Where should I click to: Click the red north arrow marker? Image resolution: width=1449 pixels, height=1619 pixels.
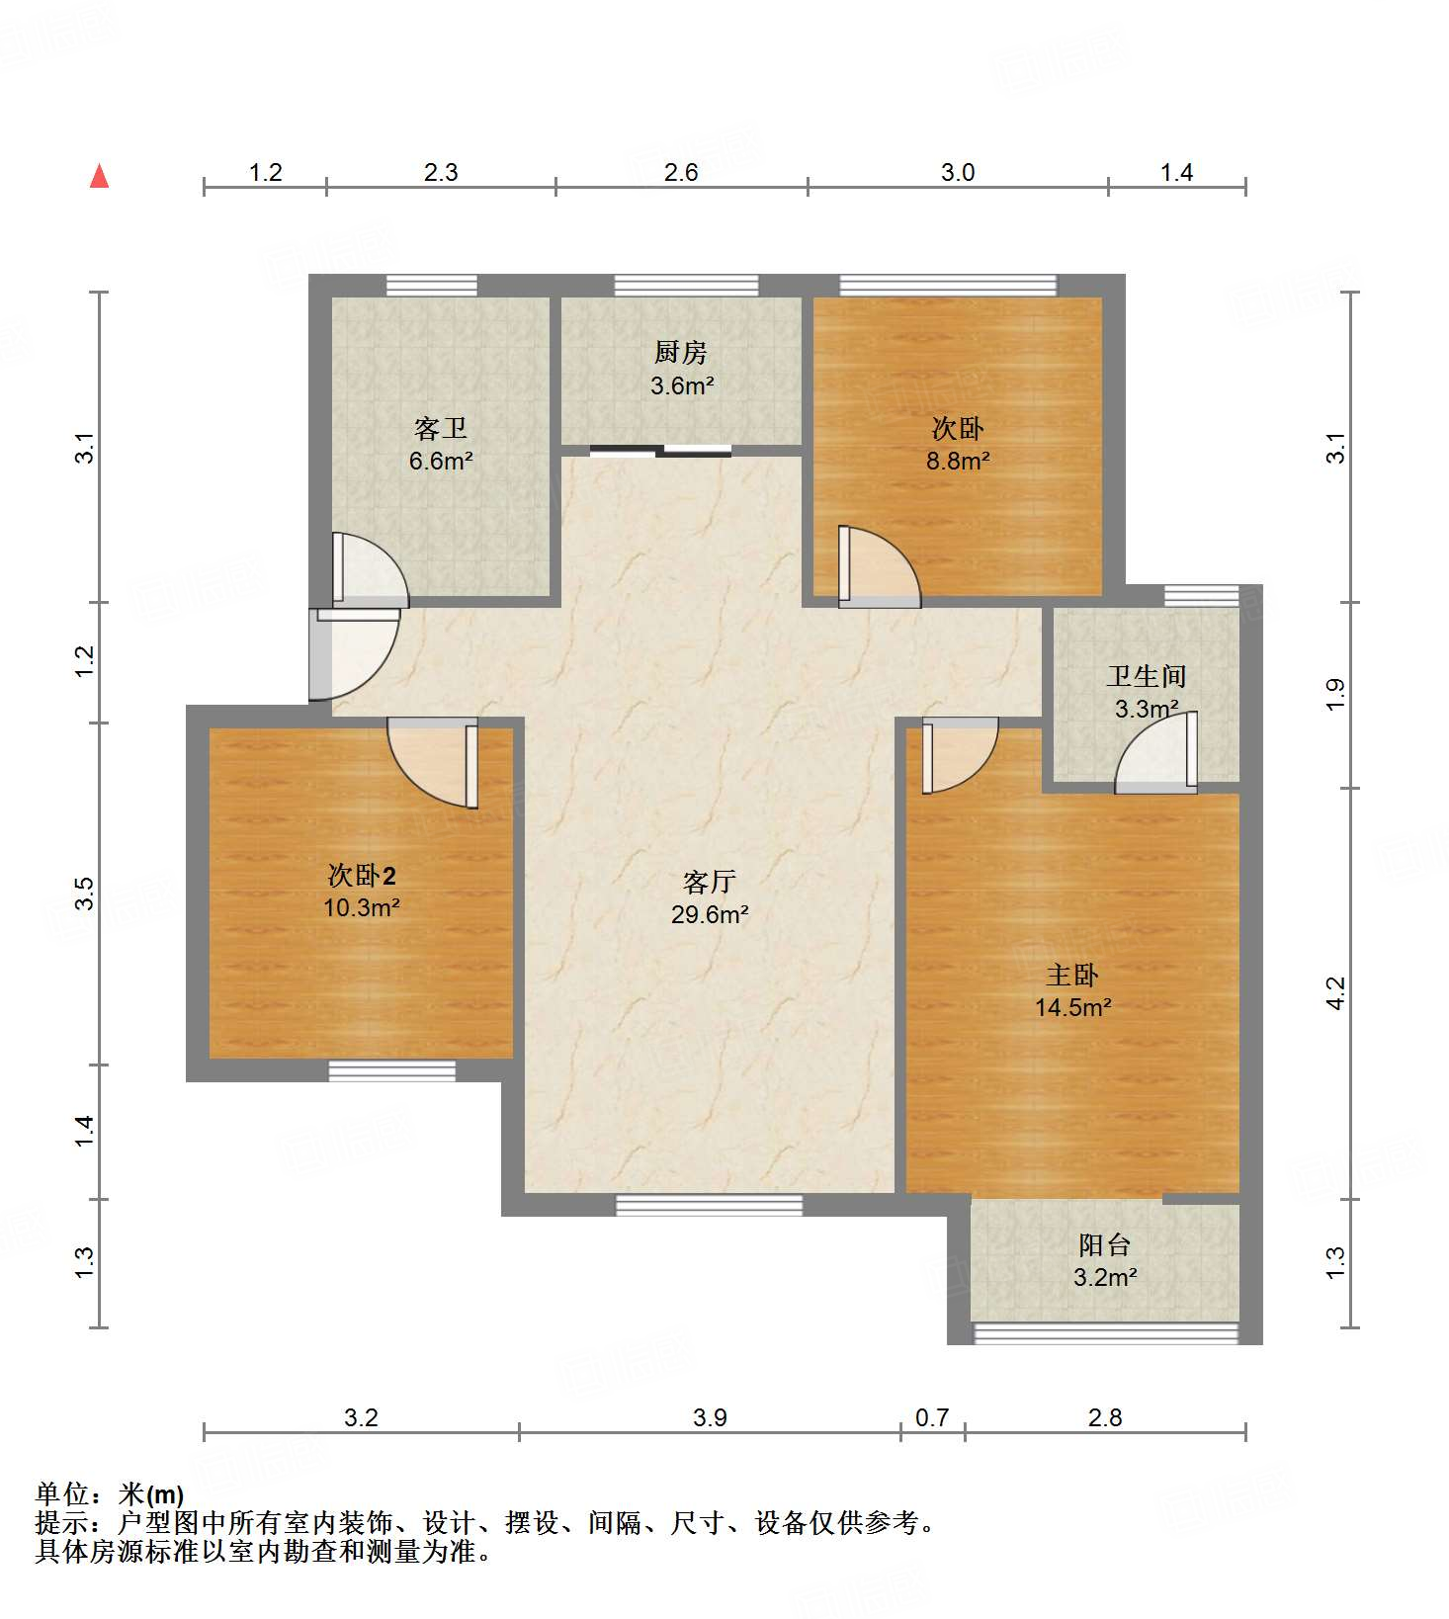point(99,176)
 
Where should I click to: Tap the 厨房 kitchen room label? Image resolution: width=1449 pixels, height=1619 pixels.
point(681,352)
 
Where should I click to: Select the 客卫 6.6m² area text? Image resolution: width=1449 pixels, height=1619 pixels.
point(441,461)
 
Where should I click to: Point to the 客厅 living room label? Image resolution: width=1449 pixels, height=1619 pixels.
point(709,882)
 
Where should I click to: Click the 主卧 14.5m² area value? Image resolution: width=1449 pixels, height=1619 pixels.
point(1073,1007)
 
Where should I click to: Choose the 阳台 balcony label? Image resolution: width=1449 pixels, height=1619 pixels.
point(1104,1244)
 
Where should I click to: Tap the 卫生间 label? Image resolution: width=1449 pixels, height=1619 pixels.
point(1146,676)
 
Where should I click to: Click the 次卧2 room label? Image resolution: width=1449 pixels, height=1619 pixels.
point(362,875)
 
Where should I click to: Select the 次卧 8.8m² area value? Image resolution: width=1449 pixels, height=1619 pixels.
point(958,461)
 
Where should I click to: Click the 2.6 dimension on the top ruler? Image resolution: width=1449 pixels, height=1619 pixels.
point(681,173)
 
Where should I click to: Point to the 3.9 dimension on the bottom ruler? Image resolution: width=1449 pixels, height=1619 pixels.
point(710,1418)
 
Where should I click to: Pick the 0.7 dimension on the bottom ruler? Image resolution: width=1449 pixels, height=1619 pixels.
point(932,1418)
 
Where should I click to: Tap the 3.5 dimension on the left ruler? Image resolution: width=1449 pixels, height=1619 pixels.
point(85,894)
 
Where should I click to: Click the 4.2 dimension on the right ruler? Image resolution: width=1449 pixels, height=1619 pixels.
point(1335,992)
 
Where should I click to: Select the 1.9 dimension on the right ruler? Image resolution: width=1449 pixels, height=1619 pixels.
point(1335,694)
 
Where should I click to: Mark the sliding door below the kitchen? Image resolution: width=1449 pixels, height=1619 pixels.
point(660,452)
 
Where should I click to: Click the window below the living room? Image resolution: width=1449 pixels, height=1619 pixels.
point(709,1205)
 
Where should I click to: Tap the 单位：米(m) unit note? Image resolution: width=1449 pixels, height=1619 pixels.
point(109,1493)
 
